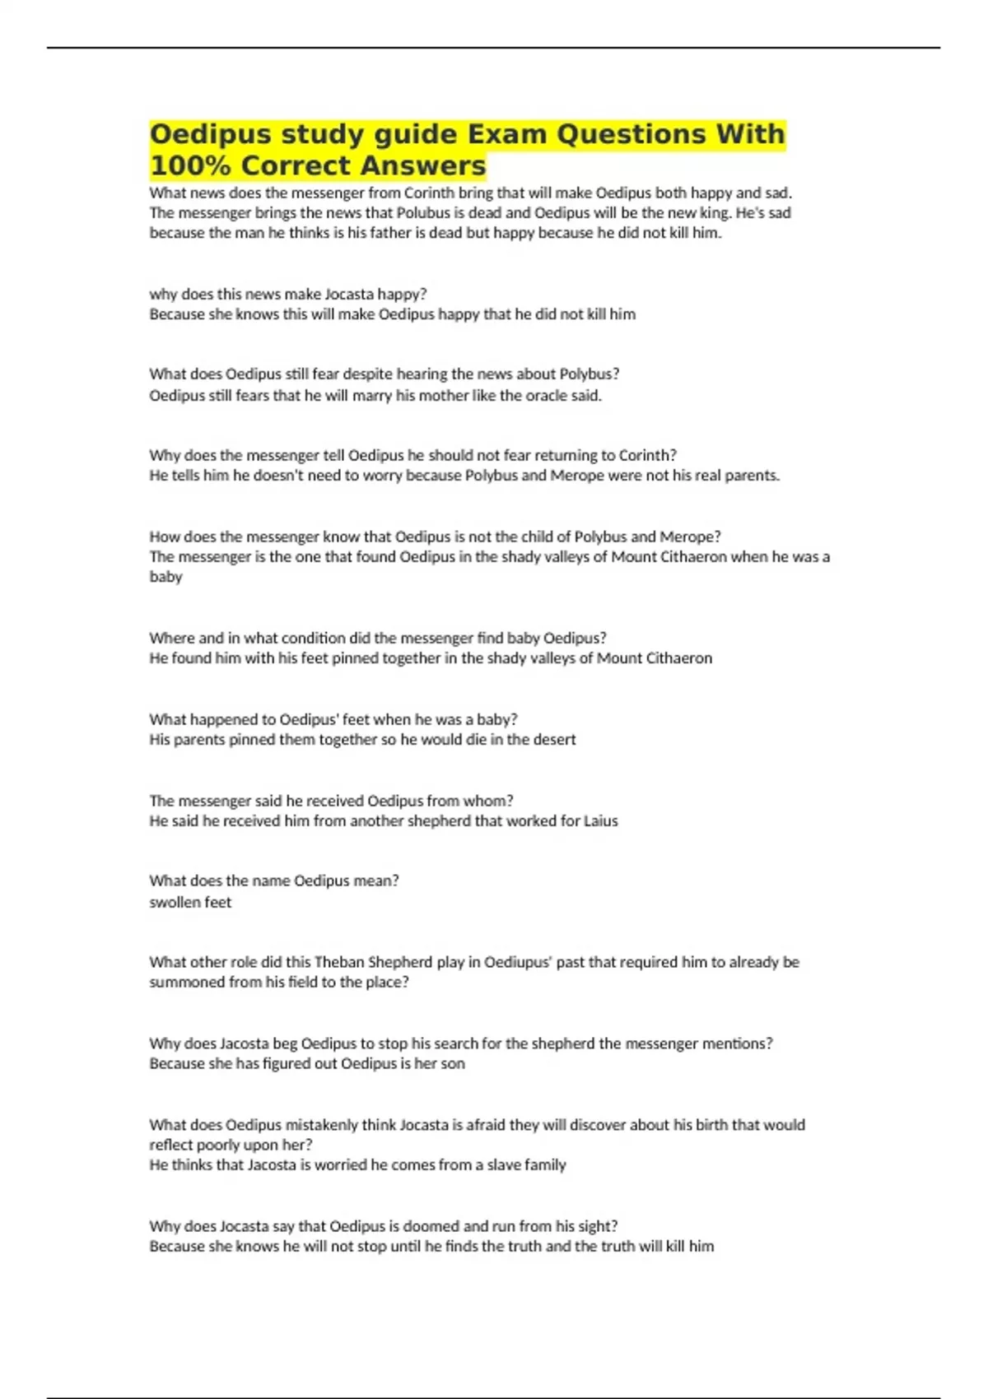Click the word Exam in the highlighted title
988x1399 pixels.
(506, 134)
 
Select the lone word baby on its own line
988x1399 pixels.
(165, 577)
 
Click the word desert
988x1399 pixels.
(552, 740)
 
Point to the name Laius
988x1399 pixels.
(600, 821)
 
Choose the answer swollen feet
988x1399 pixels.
(190, 903)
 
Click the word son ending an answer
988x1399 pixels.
(453, 1064)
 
